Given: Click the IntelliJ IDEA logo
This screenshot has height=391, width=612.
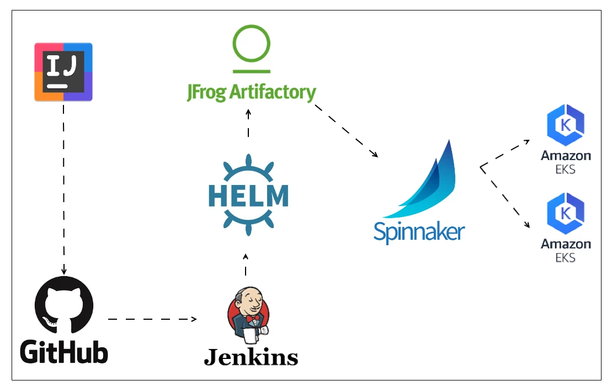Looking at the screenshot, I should (63, 72).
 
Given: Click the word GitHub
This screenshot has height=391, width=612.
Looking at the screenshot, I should (64, 352).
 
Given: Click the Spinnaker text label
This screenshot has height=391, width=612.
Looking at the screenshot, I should (419, 231).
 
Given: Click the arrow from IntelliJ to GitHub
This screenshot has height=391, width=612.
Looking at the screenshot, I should (63, 188).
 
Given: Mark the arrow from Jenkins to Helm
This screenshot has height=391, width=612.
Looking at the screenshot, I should (246, 265).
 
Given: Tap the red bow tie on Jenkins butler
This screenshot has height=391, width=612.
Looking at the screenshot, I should (253, 320).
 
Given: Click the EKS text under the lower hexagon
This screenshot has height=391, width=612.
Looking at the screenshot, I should (566, 257).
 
